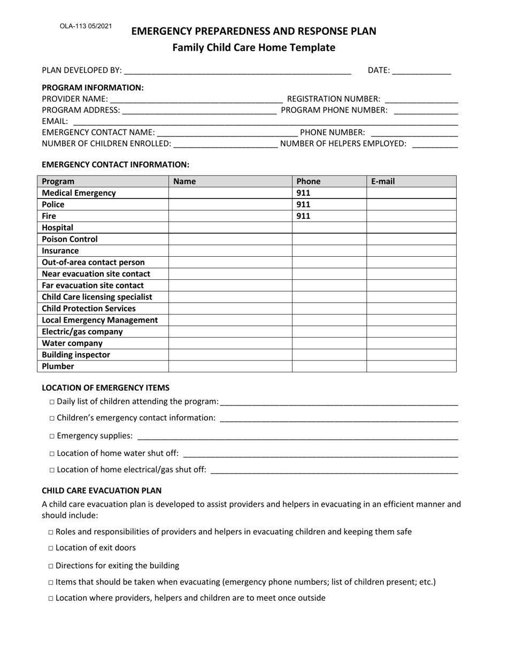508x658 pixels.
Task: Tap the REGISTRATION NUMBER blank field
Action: (x=421, y=100)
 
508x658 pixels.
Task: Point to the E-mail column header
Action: (x=383, y=181)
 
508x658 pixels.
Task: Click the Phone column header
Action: (x=308, y=181)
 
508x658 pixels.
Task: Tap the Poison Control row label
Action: (x=70, y=239)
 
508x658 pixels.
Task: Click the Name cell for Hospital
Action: (x=230, y=227)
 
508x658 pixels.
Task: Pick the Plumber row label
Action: (x=58, y=366)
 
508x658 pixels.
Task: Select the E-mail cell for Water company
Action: (x=411, y=343)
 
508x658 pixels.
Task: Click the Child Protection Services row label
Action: (x=89, y=308)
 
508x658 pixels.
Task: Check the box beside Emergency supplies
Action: (x=52, y=436)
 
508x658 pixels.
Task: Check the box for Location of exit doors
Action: (x=51, y=548)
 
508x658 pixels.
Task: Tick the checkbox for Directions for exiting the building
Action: (x=51, y=566)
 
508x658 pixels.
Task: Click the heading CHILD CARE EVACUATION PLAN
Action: (x=102, y=490)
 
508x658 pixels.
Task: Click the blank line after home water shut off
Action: (x=320, y=454)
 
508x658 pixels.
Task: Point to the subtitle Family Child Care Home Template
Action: (x=253, y=48)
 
